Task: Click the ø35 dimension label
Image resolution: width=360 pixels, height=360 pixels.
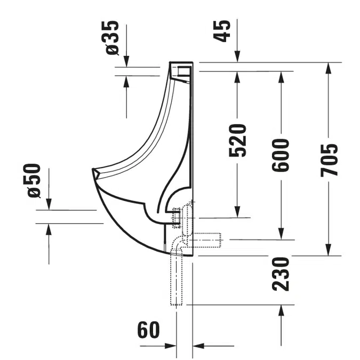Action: (x=113, y=38)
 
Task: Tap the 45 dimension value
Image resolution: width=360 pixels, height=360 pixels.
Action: (x=221, y=31)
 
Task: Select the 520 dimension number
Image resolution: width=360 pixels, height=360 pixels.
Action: (x=237, y=140)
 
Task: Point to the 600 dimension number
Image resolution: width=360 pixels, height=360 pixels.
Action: (x=281, y=155)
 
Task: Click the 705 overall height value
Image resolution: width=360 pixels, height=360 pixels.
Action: (x=329, y=160)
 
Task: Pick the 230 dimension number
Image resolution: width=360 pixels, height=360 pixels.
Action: (x=281, y=274)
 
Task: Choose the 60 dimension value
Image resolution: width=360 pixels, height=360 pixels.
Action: (x=148, y=330)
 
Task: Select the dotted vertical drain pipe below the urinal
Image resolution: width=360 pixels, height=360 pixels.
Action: (x=176, y=279)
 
